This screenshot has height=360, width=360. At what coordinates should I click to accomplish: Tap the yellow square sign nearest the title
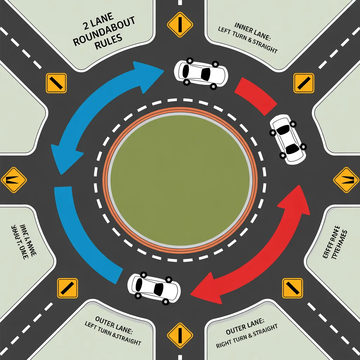coord(56,83)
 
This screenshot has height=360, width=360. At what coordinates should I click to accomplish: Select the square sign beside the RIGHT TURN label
coord(292,288)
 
